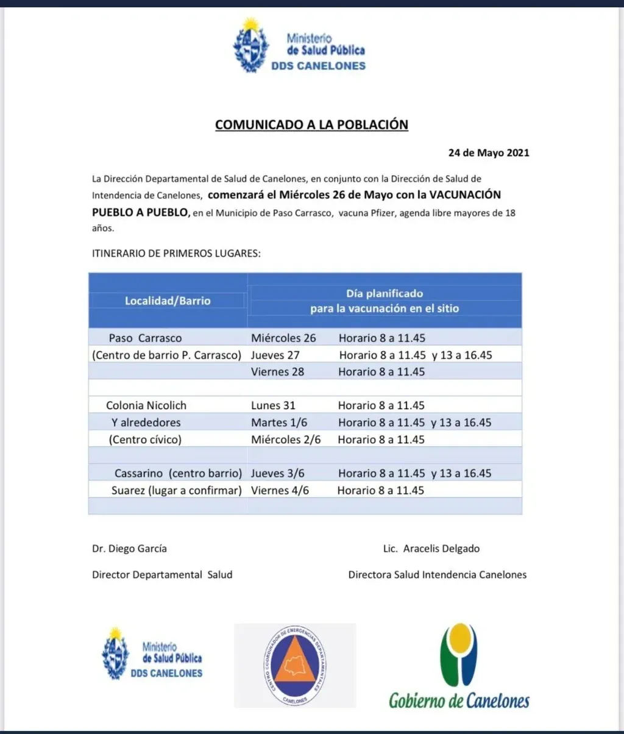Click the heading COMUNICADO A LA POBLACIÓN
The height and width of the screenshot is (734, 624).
pyautogui.click(x=311, y=124)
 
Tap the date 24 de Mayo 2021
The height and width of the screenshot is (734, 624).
pyautogui.click(x=489, y=153)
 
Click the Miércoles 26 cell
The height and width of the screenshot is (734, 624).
pyautogui.click(x=283, y=338)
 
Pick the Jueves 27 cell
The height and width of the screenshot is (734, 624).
pyautogui.click(x=275, y=355)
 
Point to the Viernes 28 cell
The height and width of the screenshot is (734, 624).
pyautogui.click(x=277, y=372)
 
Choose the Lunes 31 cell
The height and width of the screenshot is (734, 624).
pyautogui.click(x=272, y=405)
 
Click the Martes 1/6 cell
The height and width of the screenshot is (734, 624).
pyautogui.click(x=278, y=422)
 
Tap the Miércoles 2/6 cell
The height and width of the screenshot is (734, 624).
pyautogui.click(x=286, y=440)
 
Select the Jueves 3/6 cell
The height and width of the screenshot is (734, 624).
pyautogui.click(x=278, y=473)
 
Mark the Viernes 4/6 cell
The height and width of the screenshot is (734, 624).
pyautogui.click(x=280, y=490)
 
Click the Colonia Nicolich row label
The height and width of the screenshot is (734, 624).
pyautogui.click(x=146, y=405)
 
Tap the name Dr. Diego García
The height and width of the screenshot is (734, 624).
pyautogui.click(x=129, y=548)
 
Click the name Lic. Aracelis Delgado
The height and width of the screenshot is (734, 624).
pyautogui.click(x=428, y=548)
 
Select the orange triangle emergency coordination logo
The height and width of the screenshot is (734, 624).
pyautogui.click(x=296, y=665)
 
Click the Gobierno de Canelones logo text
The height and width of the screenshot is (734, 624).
pyautogui.click(x=459, y=700)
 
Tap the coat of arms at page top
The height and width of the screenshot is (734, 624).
pyautogui.click(x=251, y=46)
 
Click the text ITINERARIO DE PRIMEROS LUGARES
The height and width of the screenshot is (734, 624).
pyautogui.click(x=176, y=252)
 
